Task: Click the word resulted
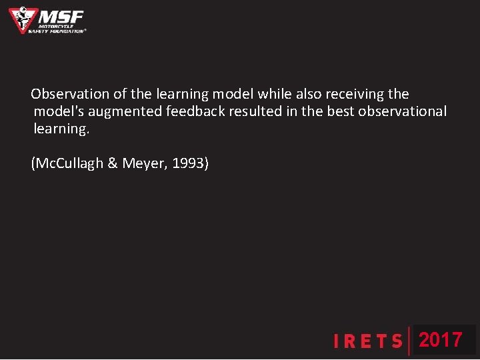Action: click(256, 111)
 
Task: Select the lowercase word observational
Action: click(403, 111)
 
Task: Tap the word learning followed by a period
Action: click(61, 129)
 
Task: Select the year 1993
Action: click(190, 163)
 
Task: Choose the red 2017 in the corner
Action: click(441, 340)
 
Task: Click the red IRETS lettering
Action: click(369, 342)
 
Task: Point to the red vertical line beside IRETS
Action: click(409, 341)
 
